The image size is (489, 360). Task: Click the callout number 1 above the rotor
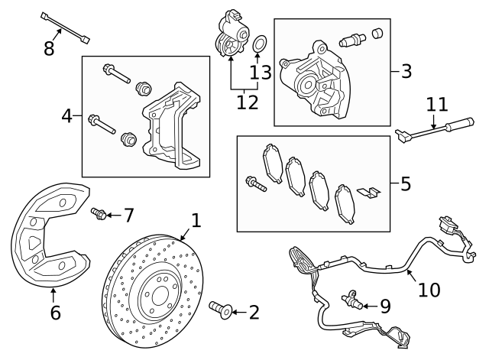[196, 221]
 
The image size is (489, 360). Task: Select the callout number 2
[254, 312]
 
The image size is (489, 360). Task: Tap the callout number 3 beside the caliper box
[406, 72]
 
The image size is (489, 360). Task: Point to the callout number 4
[67, 116]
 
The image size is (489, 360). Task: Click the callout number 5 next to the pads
[405, 183]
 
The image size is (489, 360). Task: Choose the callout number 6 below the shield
[54, 313]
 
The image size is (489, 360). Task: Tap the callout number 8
[49, 49]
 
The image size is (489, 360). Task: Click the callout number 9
[384, 306]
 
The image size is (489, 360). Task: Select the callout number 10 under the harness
[429, 290]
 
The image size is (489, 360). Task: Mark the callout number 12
[247, 100]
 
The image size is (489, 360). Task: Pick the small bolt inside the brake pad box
[254, 183]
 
